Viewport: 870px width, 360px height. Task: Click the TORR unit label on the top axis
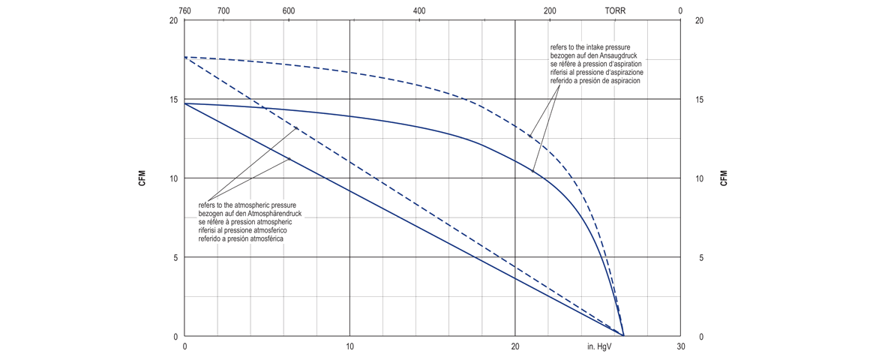click(x=615, y=10)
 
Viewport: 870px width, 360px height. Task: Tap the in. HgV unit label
click(x=600, y=347)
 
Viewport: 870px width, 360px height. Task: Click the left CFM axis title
click(x=142, y=178)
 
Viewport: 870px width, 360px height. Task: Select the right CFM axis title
click(x=724, y=178)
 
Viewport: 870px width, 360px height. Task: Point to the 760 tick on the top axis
click(x=185, y=10)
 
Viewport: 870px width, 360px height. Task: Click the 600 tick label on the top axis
click(x=289, y=10)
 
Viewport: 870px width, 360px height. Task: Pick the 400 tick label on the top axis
click(x=419, y=10)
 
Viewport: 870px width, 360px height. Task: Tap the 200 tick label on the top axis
click(x=550, y=10)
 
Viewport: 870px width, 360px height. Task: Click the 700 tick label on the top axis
click(x=223, y=10)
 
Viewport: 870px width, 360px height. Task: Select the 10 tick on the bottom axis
click(x=349, y=347)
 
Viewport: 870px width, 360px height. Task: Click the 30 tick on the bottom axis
click(x=680, y=347)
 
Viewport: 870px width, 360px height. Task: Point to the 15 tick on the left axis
click(x=173, y=100)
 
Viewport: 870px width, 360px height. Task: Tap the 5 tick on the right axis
click(x=701, y=258)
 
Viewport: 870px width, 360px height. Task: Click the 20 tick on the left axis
click(x=173, y=20)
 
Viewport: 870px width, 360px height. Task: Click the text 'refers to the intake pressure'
click(x=590, y=47)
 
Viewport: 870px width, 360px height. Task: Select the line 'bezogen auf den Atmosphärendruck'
click(x=249, y=214)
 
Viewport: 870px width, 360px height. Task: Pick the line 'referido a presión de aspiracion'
click(x=595, y=80)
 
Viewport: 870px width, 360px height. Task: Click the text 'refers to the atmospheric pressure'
click(x=248, y=205)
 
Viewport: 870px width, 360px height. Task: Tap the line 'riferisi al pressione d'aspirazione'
click(x=597, y=72)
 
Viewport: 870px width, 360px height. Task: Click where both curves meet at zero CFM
click(x=623, y=335)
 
